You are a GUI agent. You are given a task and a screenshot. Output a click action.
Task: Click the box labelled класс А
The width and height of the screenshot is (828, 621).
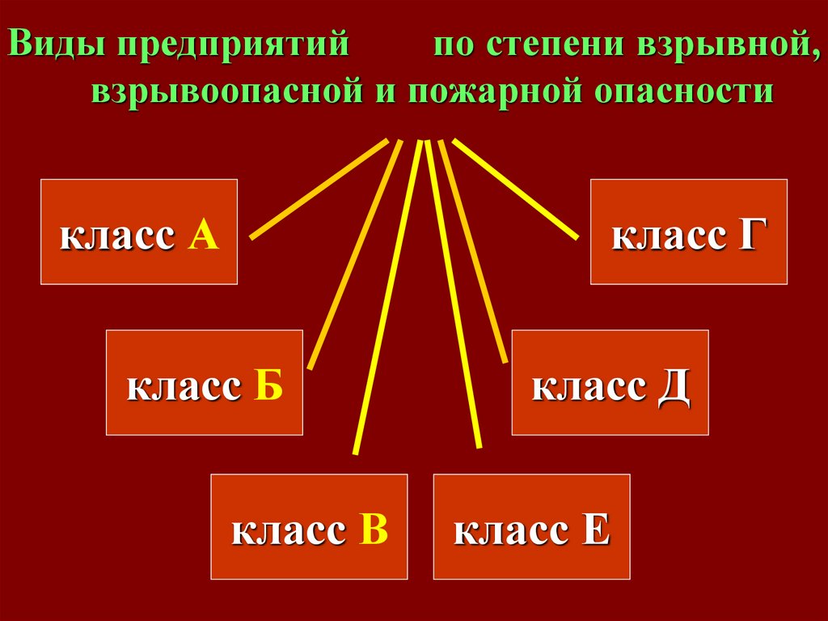pyautogui.click(x=139, y=232)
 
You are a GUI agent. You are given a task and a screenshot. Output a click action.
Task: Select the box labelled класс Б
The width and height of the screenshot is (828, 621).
pyautogui.click(x=205, y=382)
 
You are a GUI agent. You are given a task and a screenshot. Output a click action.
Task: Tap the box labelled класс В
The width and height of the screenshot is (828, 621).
pyautogui.click(x=309, y=526)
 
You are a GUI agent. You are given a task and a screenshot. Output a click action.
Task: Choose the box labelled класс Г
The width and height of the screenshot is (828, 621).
pyautogui.click(x=688, y=232)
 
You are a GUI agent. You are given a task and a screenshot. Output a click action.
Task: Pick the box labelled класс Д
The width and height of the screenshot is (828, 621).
pyautogui.click(x=610, y=382)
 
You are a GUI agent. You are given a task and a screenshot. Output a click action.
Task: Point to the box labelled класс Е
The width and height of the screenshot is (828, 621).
pyautogui.click(x=531, y=526)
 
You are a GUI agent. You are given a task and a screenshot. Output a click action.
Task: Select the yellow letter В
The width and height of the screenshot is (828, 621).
pyautogui.click(x=374, y=530)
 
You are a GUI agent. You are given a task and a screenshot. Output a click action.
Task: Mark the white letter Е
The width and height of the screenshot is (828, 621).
pyautogui.click(x=594, y=530)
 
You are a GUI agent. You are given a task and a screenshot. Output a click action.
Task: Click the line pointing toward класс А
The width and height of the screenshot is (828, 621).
pyautogui.click(x=319, y=189)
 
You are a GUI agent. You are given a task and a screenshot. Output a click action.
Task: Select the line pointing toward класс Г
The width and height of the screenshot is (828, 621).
pyautogui.click(x=516, y=189)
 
